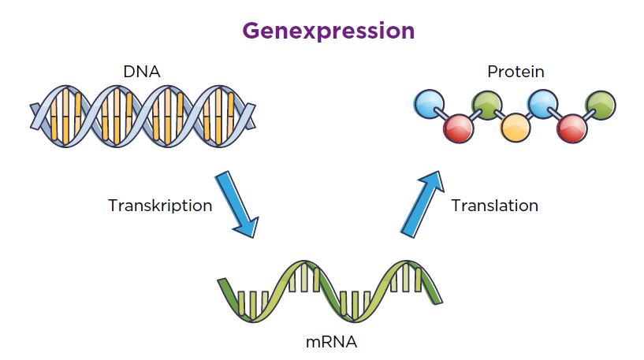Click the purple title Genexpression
(328, 31)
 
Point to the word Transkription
(160, 206)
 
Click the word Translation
(494, 206)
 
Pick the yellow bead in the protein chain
(515, 127)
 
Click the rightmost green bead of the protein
(601, 104)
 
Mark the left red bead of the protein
(457, 127)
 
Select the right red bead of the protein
(571, 128)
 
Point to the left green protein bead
(486, 104)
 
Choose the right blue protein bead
(543, 104)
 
